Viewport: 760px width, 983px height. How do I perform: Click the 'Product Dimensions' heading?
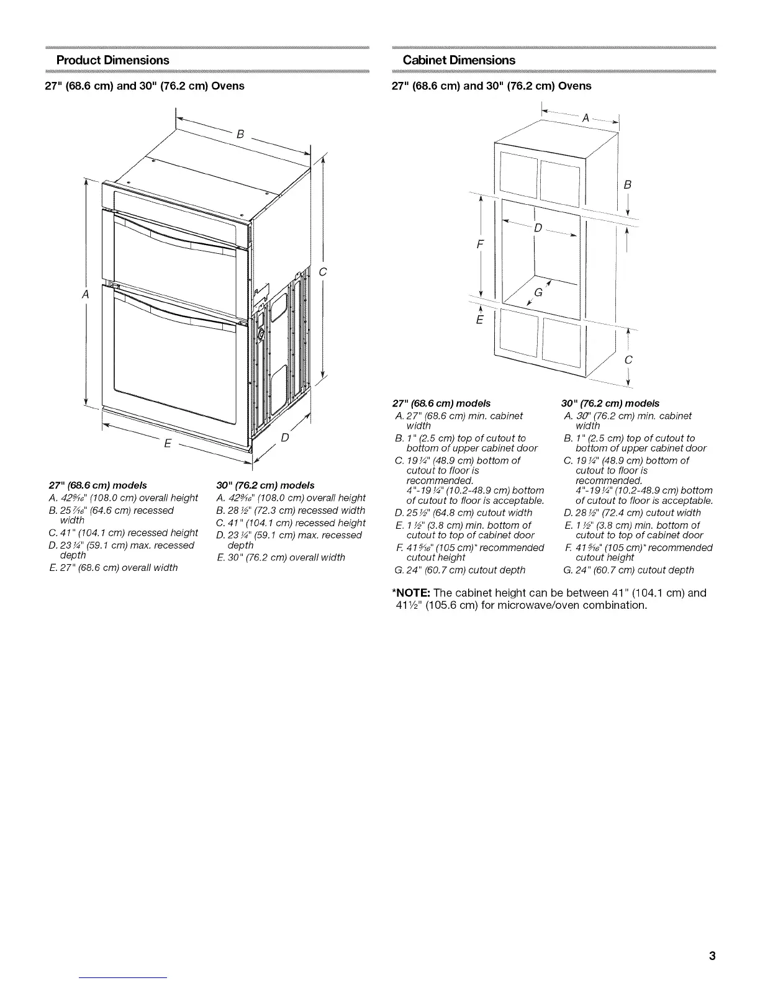click(x=112, y=60)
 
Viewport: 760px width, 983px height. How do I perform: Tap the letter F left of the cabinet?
click(x=479, y=244)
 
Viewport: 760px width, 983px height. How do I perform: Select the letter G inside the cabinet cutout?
click(x=538, y=293)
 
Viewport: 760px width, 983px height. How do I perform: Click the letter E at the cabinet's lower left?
click(x=479, y=321)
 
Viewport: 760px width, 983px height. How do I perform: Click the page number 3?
click(x=712, y=956)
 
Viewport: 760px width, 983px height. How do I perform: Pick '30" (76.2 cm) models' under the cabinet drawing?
click(x=611, y=403)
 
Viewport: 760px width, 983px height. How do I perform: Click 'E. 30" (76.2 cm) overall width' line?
click(x=279, y=557)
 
